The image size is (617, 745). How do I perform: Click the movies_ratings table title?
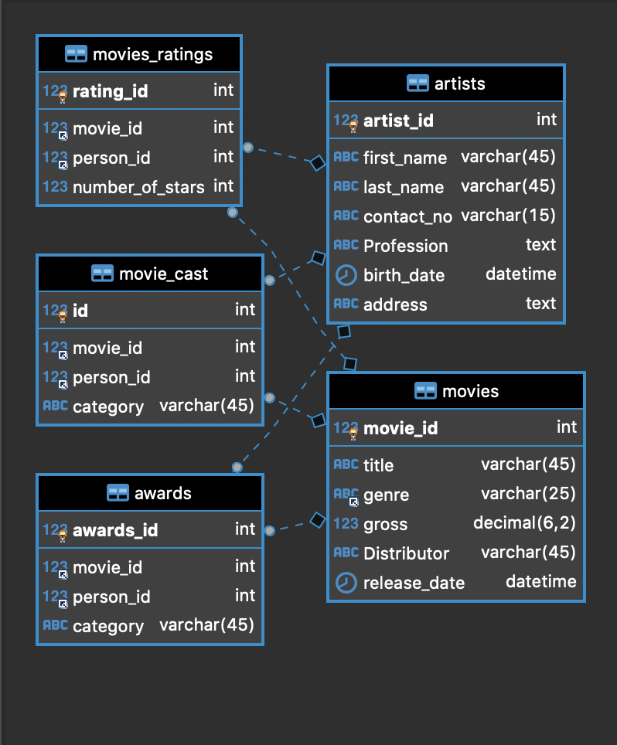pos(152,55)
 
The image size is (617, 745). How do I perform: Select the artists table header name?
pos(460,83)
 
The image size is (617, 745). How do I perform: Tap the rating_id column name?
pos(110,92)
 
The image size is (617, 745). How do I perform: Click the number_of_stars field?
pos(138,187)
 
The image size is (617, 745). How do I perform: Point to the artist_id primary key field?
pos(398,121)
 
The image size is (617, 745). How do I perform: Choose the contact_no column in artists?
pos(407,217)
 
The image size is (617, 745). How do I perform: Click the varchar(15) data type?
pos(508,216)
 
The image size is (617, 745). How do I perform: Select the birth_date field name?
pos(404,276)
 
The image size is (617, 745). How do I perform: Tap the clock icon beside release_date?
pos(346,583)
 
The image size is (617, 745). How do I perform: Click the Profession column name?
pos(405,247)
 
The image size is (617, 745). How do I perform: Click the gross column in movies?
pos(385,525)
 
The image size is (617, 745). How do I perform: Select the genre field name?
pos(386,495)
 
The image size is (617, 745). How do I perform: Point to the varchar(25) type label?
pos(528,494)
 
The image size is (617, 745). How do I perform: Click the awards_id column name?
pos(115,531)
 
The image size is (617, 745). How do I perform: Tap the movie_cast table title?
pos(163,274)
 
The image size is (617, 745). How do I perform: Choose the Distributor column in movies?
pos(406,554)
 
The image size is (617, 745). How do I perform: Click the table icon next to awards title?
pos(118,493)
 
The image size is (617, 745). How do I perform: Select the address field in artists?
pos(395,305)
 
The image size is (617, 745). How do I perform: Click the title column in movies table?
pos(378,466)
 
